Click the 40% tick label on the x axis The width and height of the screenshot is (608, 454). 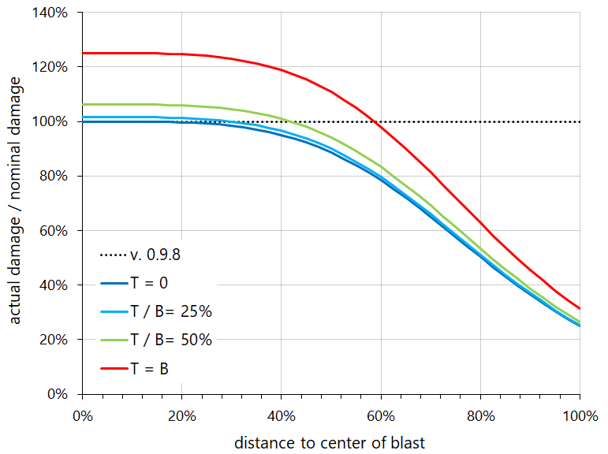click(281, 415)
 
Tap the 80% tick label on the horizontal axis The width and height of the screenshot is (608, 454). click(480, 415)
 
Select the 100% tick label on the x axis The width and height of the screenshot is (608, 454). click(580, 415)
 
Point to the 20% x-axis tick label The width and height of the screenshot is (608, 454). click(181, 415)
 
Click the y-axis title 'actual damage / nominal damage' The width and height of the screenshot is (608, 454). click(16, 203)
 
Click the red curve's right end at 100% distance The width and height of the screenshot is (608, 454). click(580, 308)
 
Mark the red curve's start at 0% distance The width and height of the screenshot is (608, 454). click(83, 53)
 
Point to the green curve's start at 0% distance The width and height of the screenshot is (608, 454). click(83, 104)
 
